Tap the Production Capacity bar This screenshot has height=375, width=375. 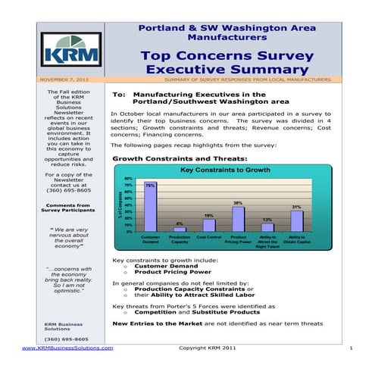(180, 228)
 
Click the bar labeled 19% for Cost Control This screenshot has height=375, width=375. (208, 225)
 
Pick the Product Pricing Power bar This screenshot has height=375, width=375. (238, 219)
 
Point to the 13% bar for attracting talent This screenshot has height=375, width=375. (267, 227)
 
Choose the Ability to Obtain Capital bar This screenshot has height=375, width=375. (296, 220)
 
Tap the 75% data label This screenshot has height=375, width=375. (151, 186)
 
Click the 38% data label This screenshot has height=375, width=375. (238, 203)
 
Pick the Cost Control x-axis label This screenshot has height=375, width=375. (208, 236)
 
